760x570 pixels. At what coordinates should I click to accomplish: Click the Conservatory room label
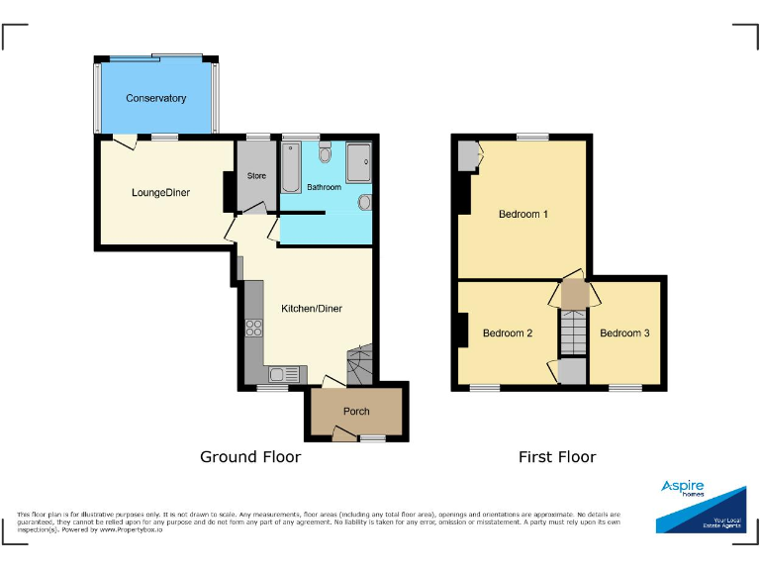(155, 98)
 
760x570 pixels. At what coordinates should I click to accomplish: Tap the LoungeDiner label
(160, 193)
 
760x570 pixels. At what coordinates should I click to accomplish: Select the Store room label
(256, 176)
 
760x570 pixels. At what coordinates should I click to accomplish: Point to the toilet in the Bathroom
(325, 153)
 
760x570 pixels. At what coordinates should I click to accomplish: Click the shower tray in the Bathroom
(357, 161)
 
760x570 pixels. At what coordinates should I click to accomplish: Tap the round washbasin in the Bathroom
(364, 203)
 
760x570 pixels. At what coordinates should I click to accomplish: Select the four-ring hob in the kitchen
(253, 329)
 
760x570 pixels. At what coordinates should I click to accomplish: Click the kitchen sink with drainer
(279, 374)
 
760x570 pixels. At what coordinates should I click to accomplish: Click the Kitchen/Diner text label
(312, 309)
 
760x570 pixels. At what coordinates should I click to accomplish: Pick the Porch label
(355, 412)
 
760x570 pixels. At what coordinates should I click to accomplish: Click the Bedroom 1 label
(522, 214)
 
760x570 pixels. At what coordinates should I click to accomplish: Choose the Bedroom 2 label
(507, 333)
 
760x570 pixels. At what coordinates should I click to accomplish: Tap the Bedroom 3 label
(624, 333)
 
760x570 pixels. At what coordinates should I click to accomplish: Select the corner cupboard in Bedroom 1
(467, 155)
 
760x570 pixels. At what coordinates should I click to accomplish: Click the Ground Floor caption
(250, 456)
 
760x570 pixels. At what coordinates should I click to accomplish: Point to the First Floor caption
(557, 456)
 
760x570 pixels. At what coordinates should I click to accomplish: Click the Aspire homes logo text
(683, 487)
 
